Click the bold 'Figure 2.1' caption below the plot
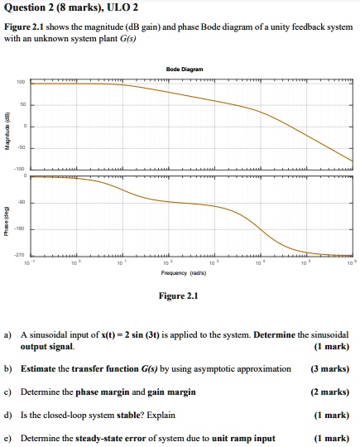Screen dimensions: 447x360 pos(180,296)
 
